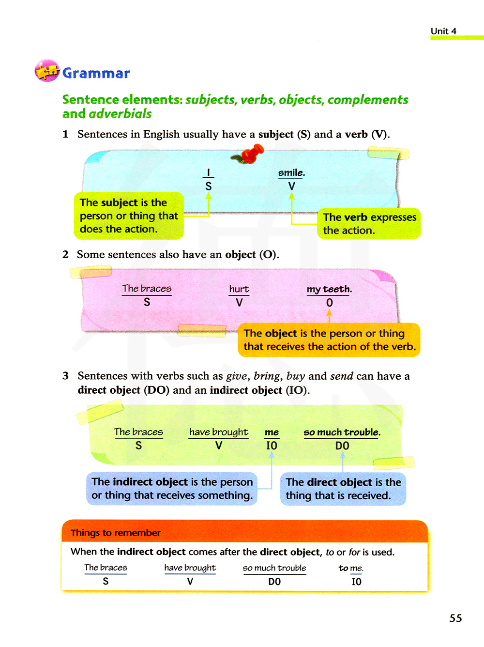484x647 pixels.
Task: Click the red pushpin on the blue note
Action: click(x=251, y=155)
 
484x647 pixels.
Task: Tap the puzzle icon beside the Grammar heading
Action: click(x=46, y=71)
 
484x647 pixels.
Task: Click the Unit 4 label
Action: click(x=443, y=31)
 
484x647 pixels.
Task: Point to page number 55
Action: click(x=455, y=618)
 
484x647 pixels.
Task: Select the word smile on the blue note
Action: click(x=291, y=173)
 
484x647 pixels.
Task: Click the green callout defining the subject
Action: click(x=129, y=216)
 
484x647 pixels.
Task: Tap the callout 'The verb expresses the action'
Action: click(x=369, y=224)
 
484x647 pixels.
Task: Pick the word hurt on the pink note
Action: click(x=239, y=289)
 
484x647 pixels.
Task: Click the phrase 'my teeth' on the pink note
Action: click(x=329, y=289)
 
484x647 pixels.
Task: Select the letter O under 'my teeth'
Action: click(x=330, y=303)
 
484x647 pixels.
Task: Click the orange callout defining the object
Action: click(x=329, y=340)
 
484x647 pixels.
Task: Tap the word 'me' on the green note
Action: click(x=272, y=432)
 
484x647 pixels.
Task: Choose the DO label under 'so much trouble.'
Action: click(x=342, y=446)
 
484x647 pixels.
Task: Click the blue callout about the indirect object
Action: click(x=172, y=489)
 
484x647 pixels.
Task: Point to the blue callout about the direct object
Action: click(x=343, y=489)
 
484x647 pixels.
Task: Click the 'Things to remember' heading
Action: click(x=116, y=533)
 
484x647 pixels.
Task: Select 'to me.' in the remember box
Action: click(x=351, y=568)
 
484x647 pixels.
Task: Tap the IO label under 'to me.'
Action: click(x=356, y=582)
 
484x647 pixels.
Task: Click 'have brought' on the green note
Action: click(x=219, y=432)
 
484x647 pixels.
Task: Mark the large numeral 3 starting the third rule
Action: click(x=65, y=376)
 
